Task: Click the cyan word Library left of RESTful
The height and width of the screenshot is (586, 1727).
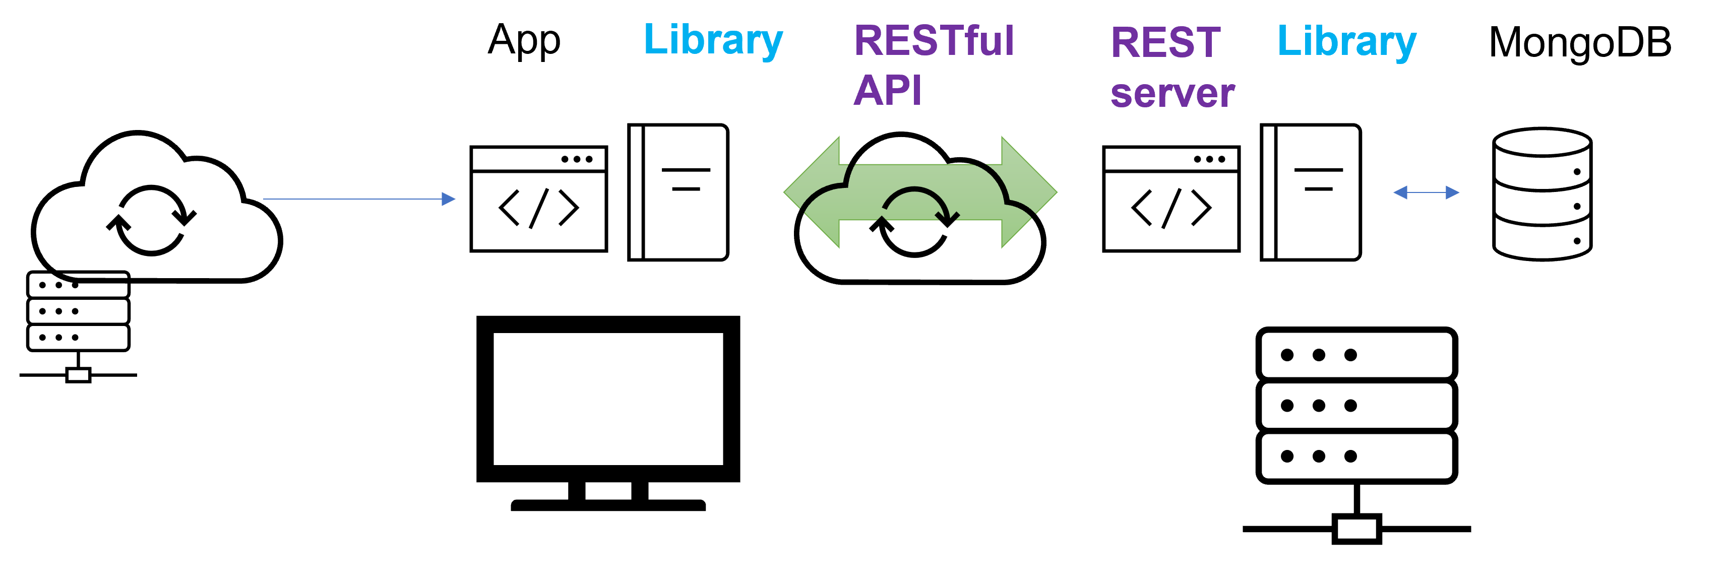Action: (x=713, y=40)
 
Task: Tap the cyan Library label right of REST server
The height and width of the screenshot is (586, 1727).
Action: (x=1346, y=42)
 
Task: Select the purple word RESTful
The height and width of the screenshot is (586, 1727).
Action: (x=934, y=41)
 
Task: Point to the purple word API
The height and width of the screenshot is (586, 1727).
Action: (x=887, y=91)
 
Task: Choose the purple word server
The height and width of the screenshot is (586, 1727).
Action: (x=1173, y=93)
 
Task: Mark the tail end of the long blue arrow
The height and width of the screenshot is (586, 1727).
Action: (x=265, y=199)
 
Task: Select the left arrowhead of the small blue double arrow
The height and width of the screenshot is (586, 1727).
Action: (x=1400, y=193)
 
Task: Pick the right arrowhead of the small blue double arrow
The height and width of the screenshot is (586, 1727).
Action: (x=1453, y=193)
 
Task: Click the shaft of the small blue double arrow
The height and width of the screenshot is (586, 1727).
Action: (x=1427, y=193)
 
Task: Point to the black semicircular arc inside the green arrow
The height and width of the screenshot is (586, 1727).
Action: (x=914, y=191)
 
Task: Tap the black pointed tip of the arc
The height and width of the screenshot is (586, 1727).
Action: (x=947, y=218)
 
